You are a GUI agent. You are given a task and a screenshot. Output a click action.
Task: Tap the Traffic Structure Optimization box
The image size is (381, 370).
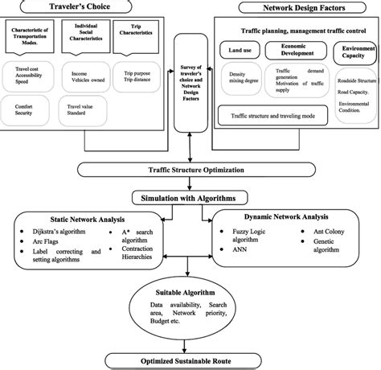(190, 171)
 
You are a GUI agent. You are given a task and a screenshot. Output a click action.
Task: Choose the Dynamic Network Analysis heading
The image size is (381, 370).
(286, 219)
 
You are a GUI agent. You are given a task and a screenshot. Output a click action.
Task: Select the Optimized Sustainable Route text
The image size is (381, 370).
(190, 359)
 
